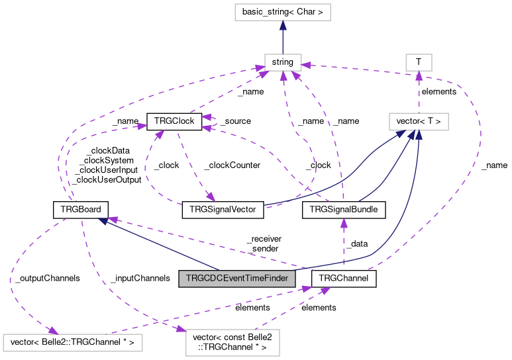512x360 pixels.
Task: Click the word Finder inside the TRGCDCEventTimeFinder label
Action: coord(275,279)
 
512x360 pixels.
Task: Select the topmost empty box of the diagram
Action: coord(282,12)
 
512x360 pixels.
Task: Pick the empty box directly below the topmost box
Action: coord(283,62)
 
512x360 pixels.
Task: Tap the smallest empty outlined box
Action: coord(419,62)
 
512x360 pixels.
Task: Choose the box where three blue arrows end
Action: coord(419,122)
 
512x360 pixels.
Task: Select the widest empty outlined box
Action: coord(73,343)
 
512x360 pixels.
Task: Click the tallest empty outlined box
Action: coord(232,343)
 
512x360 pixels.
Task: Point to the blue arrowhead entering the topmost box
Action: coord(283,26)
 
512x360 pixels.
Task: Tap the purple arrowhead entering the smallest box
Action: coord(419,75)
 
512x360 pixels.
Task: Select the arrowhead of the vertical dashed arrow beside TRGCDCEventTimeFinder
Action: coord(344,223)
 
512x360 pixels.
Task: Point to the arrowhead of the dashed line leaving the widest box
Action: coord(306,289)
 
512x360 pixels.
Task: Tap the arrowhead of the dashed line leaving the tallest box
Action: coord(325,291)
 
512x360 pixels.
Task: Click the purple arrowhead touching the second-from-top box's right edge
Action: coord(307,65)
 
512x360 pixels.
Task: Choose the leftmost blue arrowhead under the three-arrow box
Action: coord(401,134)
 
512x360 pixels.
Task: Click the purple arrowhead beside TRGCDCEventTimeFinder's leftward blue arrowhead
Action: coord(113,219)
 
